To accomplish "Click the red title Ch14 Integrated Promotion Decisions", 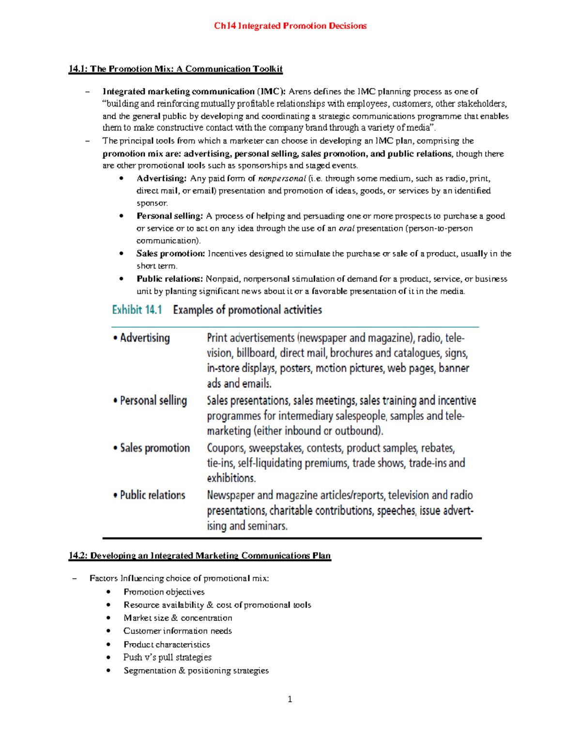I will tap(290, 26).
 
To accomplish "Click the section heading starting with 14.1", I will tap(175, 69).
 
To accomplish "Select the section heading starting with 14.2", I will tap(199, 555).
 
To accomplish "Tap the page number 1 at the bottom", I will tap(290, 699).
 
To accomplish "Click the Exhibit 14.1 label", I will tap(137, 310).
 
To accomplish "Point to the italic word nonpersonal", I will tap(282, 178).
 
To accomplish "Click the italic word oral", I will tap(346, 228).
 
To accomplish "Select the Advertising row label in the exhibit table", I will tap(145, 338).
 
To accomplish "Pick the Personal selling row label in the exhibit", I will tap(153, 400).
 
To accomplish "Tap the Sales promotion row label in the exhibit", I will tap(154, 448).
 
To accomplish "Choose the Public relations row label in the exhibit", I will tap(153, 495).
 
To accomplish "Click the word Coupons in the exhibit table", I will tap(226, 448).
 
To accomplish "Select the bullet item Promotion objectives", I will tap(164, 592).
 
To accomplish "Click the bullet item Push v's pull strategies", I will tap(167, 657).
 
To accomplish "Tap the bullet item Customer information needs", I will tap(177, 631).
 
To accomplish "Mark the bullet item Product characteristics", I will tap(167, 645).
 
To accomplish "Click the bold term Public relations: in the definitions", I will tap(169, 279).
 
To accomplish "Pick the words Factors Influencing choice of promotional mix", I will tap(179, 578).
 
